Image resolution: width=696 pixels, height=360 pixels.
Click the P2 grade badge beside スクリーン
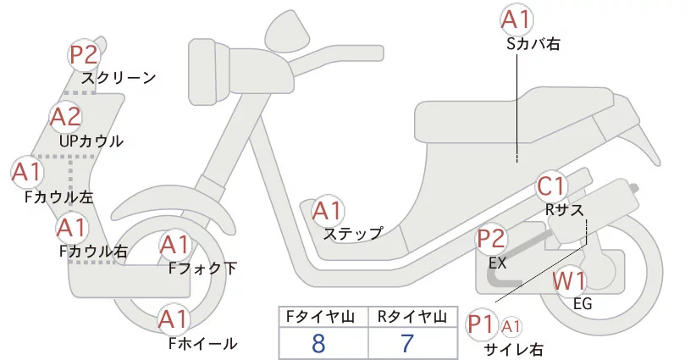tap(84, 56)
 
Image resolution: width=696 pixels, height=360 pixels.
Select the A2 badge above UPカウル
tap(65, 117)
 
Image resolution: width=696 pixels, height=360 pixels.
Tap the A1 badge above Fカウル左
tap(26, 173)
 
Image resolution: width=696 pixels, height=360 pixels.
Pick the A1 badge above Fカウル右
tap(72, 227)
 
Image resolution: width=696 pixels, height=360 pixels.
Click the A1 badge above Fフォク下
tap(175, 246)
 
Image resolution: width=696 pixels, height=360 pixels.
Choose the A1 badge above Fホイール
tap(174, 320)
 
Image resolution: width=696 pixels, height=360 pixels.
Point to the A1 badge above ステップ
tap(328, 209)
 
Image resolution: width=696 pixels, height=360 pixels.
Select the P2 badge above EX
tap(492, 239)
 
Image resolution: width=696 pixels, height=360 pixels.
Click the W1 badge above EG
tap(569, 281)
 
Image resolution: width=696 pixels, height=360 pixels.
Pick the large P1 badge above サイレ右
tap(481, 324)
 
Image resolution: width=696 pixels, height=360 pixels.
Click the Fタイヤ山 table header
tap(318, 317)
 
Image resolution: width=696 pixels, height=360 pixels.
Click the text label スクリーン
tap(119, 78)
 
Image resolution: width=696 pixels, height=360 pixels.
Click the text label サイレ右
tap(513, 349)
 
